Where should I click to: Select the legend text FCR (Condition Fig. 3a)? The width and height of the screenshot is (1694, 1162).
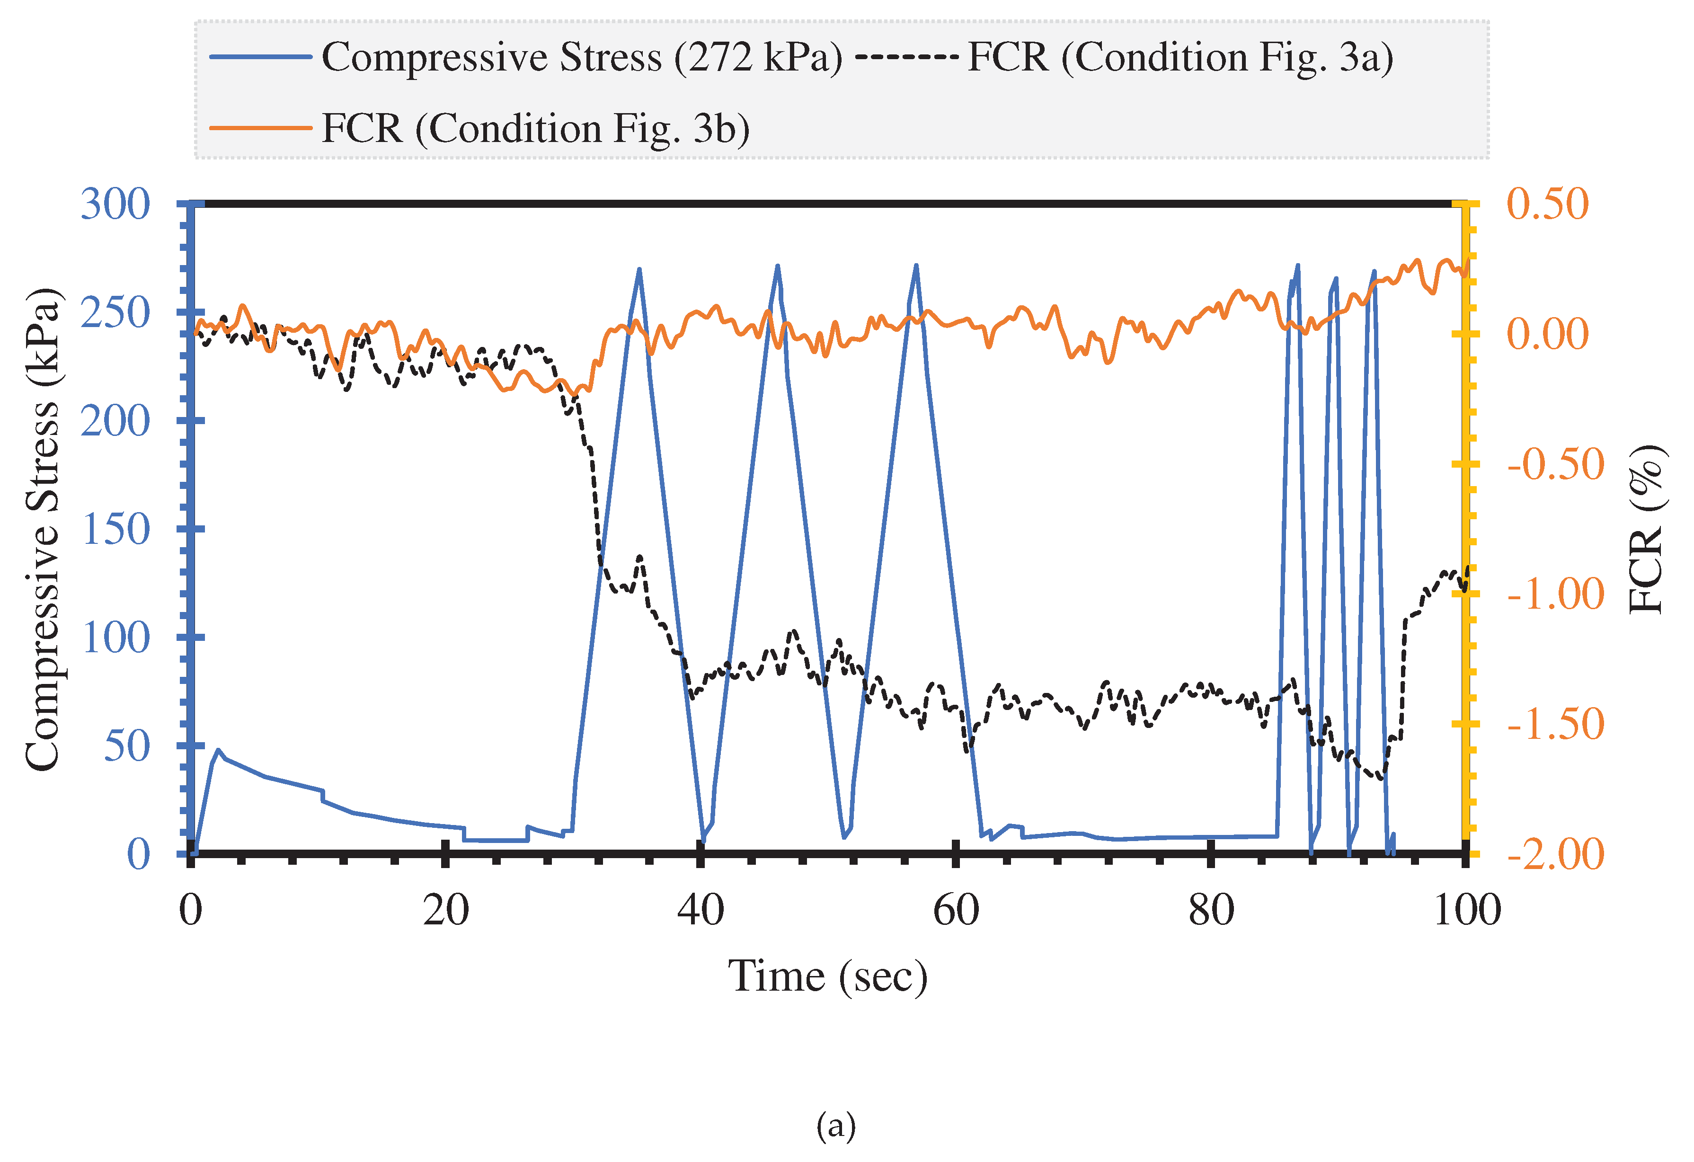tap(1180, 57)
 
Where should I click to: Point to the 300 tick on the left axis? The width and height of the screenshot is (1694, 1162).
tap(115, 204)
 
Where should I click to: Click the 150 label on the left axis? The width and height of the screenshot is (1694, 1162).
tap(115, 529)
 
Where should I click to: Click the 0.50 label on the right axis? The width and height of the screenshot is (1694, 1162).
tap(1547, 204)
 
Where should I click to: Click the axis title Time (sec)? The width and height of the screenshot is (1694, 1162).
tap(827, 976)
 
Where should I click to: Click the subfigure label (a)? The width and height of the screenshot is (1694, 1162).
tap(836, 1127)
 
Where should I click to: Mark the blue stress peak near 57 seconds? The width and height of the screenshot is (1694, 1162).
tap(916, 266)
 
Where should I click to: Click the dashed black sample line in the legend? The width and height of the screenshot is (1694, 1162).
tap(906, 57)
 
